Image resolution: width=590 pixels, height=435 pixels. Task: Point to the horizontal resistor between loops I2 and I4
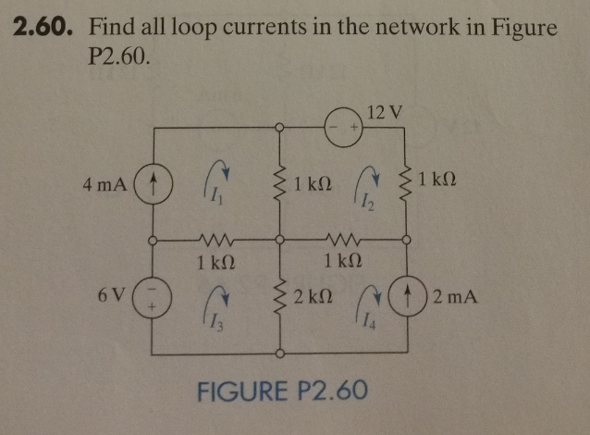click(341, 238)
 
